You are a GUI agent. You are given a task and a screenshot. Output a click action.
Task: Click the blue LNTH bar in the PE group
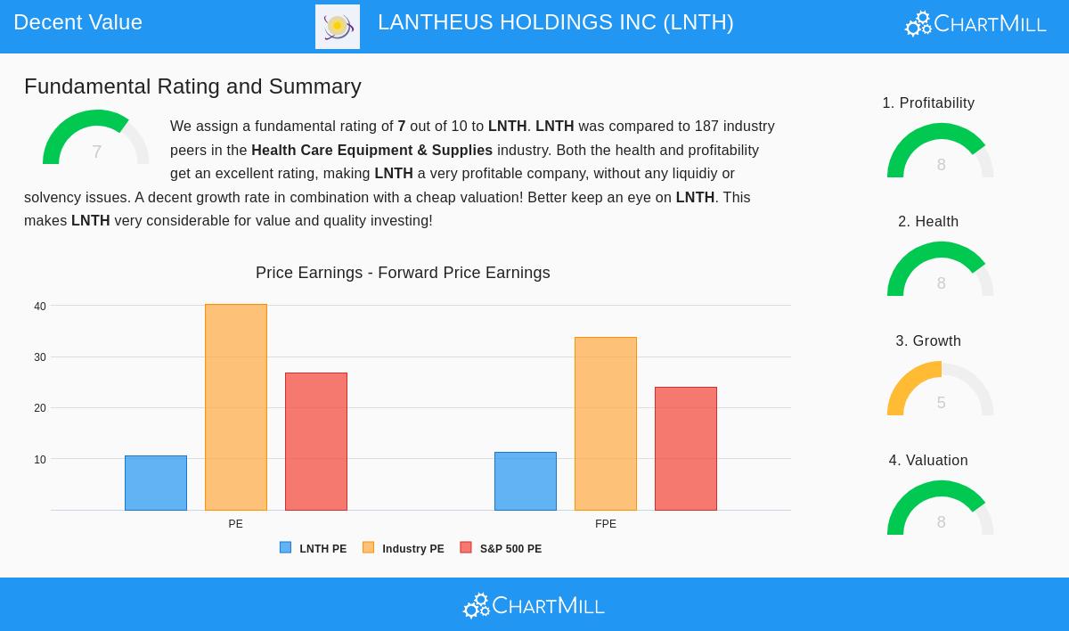[156, 483]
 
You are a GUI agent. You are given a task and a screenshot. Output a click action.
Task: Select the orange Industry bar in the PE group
[236, 407]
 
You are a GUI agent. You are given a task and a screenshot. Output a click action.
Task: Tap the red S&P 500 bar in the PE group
[316, 441]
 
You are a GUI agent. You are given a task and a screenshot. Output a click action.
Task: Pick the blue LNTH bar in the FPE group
[526, 481]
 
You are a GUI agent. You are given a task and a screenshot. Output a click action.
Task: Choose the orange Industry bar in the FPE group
[606, 423]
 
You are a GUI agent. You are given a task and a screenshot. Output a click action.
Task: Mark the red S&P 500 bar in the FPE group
[686, 448]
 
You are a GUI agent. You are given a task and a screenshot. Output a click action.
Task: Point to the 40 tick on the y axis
[40, 307]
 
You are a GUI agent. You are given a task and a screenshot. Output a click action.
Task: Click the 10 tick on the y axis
[40, 460]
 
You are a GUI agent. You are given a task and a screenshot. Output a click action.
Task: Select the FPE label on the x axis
[606, 524]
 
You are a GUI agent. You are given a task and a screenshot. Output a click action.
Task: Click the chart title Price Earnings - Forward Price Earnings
[403, 273]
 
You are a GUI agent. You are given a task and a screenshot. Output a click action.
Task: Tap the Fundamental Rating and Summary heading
[192, 86]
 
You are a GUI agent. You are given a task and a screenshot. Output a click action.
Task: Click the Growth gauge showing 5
[941, 390]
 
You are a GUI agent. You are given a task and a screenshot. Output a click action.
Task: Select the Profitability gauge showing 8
[941, 152]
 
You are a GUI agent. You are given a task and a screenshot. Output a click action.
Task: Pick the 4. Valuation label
[928, 461]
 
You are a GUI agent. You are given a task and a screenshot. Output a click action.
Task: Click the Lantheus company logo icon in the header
[338, 27]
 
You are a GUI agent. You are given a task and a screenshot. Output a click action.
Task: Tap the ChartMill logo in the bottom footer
[534, 606]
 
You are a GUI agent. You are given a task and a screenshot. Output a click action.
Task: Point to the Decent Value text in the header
[78, 22]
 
